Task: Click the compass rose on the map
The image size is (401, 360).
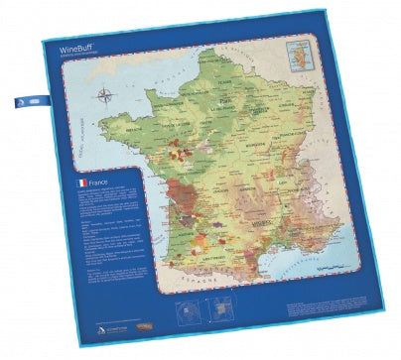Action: coord(105,96)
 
